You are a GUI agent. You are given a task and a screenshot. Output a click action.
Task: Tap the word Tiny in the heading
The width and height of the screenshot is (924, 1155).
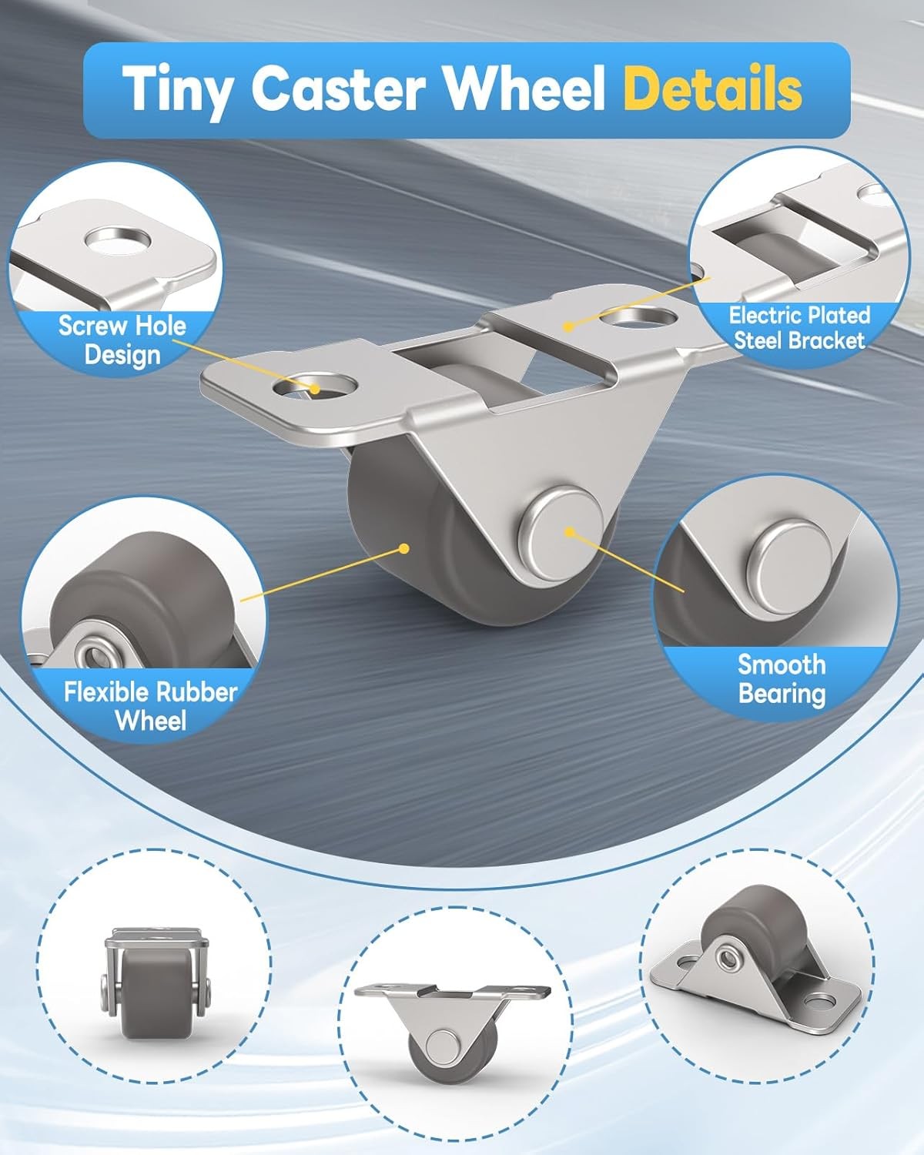[178, 90]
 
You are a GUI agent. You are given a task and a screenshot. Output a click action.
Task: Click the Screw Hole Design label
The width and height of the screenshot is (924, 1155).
[122, 340]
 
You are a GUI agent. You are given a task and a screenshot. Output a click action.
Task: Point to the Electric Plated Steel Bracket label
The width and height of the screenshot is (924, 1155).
[799, 327]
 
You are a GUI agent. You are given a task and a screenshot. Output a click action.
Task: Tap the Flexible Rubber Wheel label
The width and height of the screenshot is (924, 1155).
[150, 706]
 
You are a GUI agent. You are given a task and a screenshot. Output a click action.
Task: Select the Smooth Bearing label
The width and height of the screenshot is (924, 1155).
[782, 678]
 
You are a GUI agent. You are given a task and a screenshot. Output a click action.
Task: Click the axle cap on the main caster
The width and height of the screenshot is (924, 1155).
[561, 534]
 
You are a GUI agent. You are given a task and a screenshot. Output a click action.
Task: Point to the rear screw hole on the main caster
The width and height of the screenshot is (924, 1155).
[638, 316]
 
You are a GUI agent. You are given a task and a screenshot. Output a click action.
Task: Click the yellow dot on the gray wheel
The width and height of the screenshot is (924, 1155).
[404, 548]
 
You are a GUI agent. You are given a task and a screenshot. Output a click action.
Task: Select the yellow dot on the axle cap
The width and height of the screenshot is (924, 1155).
[570, 532]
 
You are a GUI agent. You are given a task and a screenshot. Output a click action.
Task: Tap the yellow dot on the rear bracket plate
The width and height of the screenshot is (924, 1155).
[568, 326]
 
